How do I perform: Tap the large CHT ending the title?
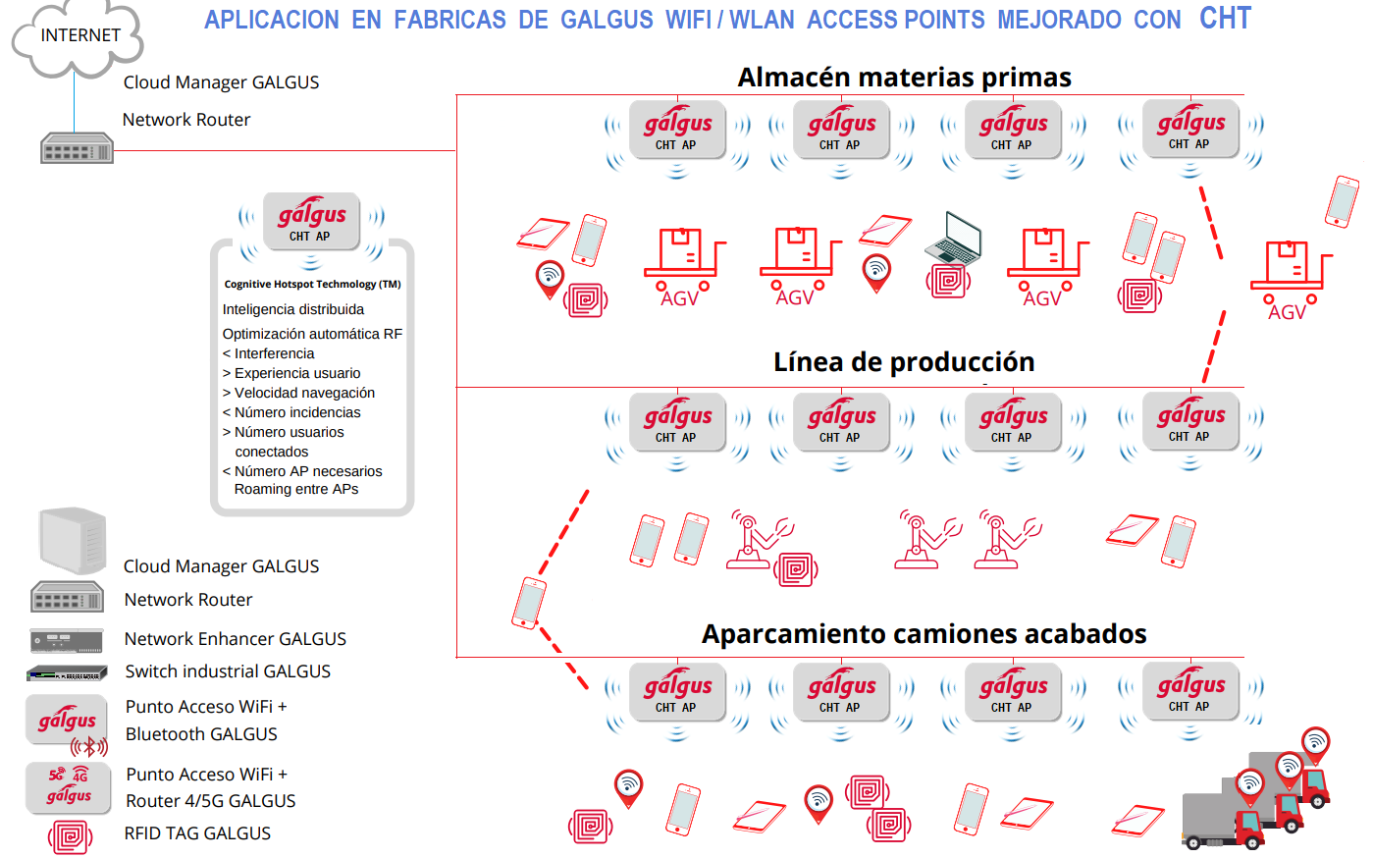tap(1225, 19)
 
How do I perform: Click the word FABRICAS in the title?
tap(449, 20)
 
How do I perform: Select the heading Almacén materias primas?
tap(904, 78)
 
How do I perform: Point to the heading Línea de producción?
tap(904, 362)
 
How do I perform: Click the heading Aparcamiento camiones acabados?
tap(924, 634)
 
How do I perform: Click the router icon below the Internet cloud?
tap(77, 148)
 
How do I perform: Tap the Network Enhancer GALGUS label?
tap(235, 639)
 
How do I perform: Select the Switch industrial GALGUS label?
tap(228, 671)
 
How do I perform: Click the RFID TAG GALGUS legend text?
tap(197, 833)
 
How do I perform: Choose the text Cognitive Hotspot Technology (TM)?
tap(312, 284)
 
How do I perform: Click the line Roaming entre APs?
tap(295, 489)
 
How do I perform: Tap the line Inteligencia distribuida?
tap(292, 309)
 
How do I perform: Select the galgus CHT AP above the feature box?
tap(311, 222)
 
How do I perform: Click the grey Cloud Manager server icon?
tap(72, 540)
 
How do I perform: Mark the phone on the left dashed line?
tap(529, 602)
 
